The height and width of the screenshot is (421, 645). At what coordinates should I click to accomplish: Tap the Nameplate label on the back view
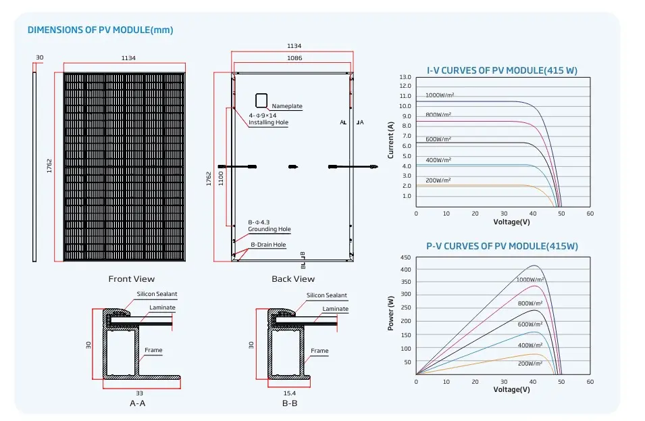(x=287, y=106)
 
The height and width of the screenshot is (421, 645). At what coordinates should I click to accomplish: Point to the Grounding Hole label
(x=269, y=230)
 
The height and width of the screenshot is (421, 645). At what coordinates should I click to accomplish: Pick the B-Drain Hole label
(x=268, y=245)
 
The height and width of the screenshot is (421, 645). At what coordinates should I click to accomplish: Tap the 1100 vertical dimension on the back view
(x=220, y=177)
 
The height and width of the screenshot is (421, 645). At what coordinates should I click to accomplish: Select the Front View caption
(x=131, y=278)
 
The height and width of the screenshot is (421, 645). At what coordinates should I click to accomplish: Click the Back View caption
(x=293, y=278)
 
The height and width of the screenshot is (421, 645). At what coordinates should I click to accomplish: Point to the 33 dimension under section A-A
(x=139, y=393)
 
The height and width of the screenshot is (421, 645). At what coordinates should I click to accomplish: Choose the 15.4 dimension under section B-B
(x=290, y=393)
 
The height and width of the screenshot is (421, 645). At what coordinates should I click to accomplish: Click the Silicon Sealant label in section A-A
(x=157, y=295)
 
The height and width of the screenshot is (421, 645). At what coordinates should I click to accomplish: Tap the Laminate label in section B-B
(x=335, y=309)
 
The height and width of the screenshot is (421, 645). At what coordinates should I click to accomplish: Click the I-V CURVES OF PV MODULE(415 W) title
(x=502, y=70)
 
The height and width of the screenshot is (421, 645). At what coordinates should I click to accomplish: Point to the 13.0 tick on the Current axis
(x=405, y=77)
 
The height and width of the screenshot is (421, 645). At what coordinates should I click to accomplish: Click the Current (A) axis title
(x=390, y=140)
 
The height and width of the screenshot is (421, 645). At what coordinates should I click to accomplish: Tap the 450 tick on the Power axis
(x=405, y=257)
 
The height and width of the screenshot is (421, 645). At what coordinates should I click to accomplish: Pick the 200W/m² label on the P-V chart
(x=530, y=363)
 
